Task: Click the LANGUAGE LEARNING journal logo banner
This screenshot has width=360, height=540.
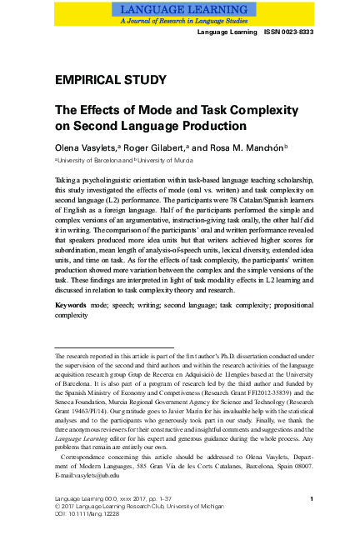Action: (179, 12)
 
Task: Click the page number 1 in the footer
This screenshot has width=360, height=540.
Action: (310, 522)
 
